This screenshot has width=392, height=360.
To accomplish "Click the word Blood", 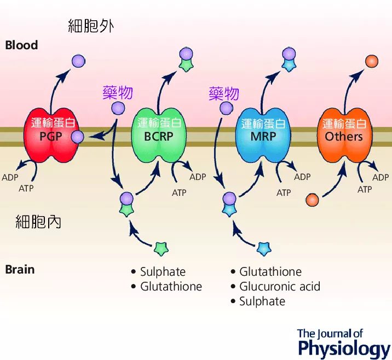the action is point(21,45).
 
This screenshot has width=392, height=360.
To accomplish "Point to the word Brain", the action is point(20,270).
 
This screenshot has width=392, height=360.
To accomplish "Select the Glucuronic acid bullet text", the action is point(280,287).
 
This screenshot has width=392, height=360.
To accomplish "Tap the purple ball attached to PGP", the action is point(78,137).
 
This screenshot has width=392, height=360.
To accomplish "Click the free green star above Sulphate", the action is point(161,249).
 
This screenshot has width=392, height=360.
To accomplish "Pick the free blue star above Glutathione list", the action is point(264,249).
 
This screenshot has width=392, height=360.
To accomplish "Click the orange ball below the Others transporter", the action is point(312,200).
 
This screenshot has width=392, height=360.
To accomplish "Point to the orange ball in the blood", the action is point(372,61).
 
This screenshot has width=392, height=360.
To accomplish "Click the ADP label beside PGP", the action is point(10,177).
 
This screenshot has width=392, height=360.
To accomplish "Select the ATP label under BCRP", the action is point(179,193).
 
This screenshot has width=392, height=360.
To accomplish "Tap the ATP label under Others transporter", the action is point(365,189).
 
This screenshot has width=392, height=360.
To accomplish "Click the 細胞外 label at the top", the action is point(91,26).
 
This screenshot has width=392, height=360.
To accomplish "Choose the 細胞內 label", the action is point(38,222).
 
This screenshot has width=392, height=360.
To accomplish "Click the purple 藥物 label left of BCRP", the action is point(118,92).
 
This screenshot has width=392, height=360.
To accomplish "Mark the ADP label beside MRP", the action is point(302,177).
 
